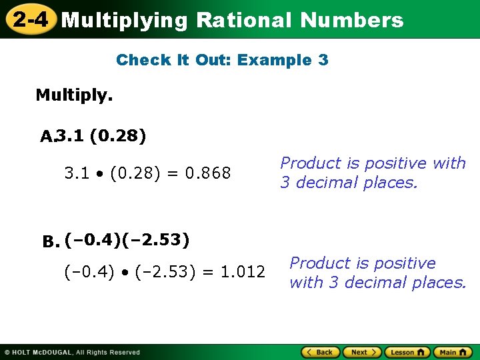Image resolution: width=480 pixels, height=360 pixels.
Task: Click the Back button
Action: [321, 352]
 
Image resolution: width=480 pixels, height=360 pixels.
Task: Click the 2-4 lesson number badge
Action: [30, 19]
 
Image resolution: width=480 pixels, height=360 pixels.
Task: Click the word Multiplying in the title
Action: [125, 20]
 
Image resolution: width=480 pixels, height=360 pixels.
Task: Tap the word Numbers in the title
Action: [351, 20]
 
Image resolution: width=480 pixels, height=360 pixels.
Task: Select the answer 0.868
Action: [208, 174]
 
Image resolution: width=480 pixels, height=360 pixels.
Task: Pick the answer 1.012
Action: [243, 272]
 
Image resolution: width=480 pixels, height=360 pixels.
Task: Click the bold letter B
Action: [51, 241]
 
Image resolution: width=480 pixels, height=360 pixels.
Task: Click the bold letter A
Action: [46, 137]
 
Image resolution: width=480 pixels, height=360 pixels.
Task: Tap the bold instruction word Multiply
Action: [74, 95]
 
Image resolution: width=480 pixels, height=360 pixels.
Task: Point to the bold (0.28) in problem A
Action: [117, 137]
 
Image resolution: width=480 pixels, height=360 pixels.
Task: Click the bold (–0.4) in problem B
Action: [92, 239]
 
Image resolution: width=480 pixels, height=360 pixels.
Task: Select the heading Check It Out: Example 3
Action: [222, 60]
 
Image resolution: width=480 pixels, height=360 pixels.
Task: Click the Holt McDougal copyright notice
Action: [72, 352]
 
